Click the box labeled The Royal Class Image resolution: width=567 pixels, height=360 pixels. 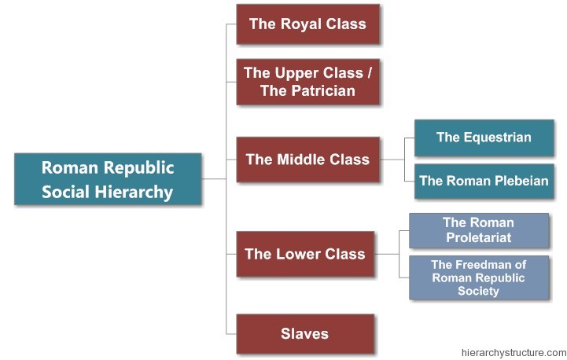[307, 24]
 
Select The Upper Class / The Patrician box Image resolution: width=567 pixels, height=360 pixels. [307, 82]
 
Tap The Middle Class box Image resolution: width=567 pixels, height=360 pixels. [307, 160]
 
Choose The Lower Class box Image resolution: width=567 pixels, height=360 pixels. [305, 254]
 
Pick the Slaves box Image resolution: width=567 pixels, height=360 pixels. [304, 333]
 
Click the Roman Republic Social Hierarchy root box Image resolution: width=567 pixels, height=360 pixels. [108, 179]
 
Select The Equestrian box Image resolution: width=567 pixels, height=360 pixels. [484, 138]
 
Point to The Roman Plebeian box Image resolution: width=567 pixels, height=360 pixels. [484, 181]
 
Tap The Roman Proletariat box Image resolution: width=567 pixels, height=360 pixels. [478, 230]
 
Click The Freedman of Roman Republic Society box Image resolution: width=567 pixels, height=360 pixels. [478, 277]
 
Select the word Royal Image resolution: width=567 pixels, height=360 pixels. [300, 24]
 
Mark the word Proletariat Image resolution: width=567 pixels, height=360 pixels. [477, 237]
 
